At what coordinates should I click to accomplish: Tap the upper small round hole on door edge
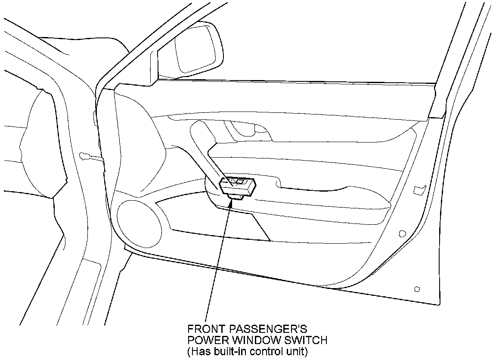[x=403, y=233]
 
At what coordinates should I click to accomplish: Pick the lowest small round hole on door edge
[x=416, y=289]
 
